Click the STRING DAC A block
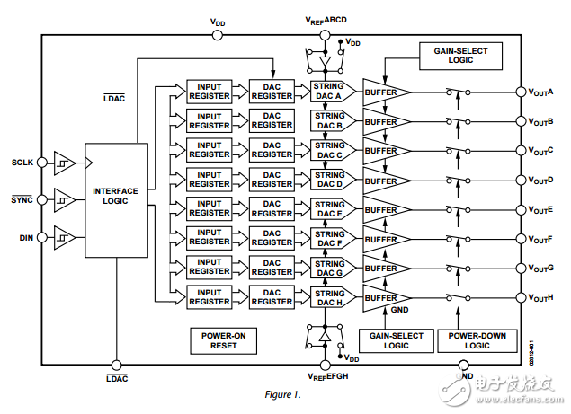coord(329,92)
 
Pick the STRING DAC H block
coord(329,298)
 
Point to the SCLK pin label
coord(22,163)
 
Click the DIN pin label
coord(25,238)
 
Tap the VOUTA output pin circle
coord(520,92)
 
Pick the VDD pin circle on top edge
coord(218,36)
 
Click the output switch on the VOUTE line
coord(459,210)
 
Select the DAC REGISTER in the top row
coord(272,92)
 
